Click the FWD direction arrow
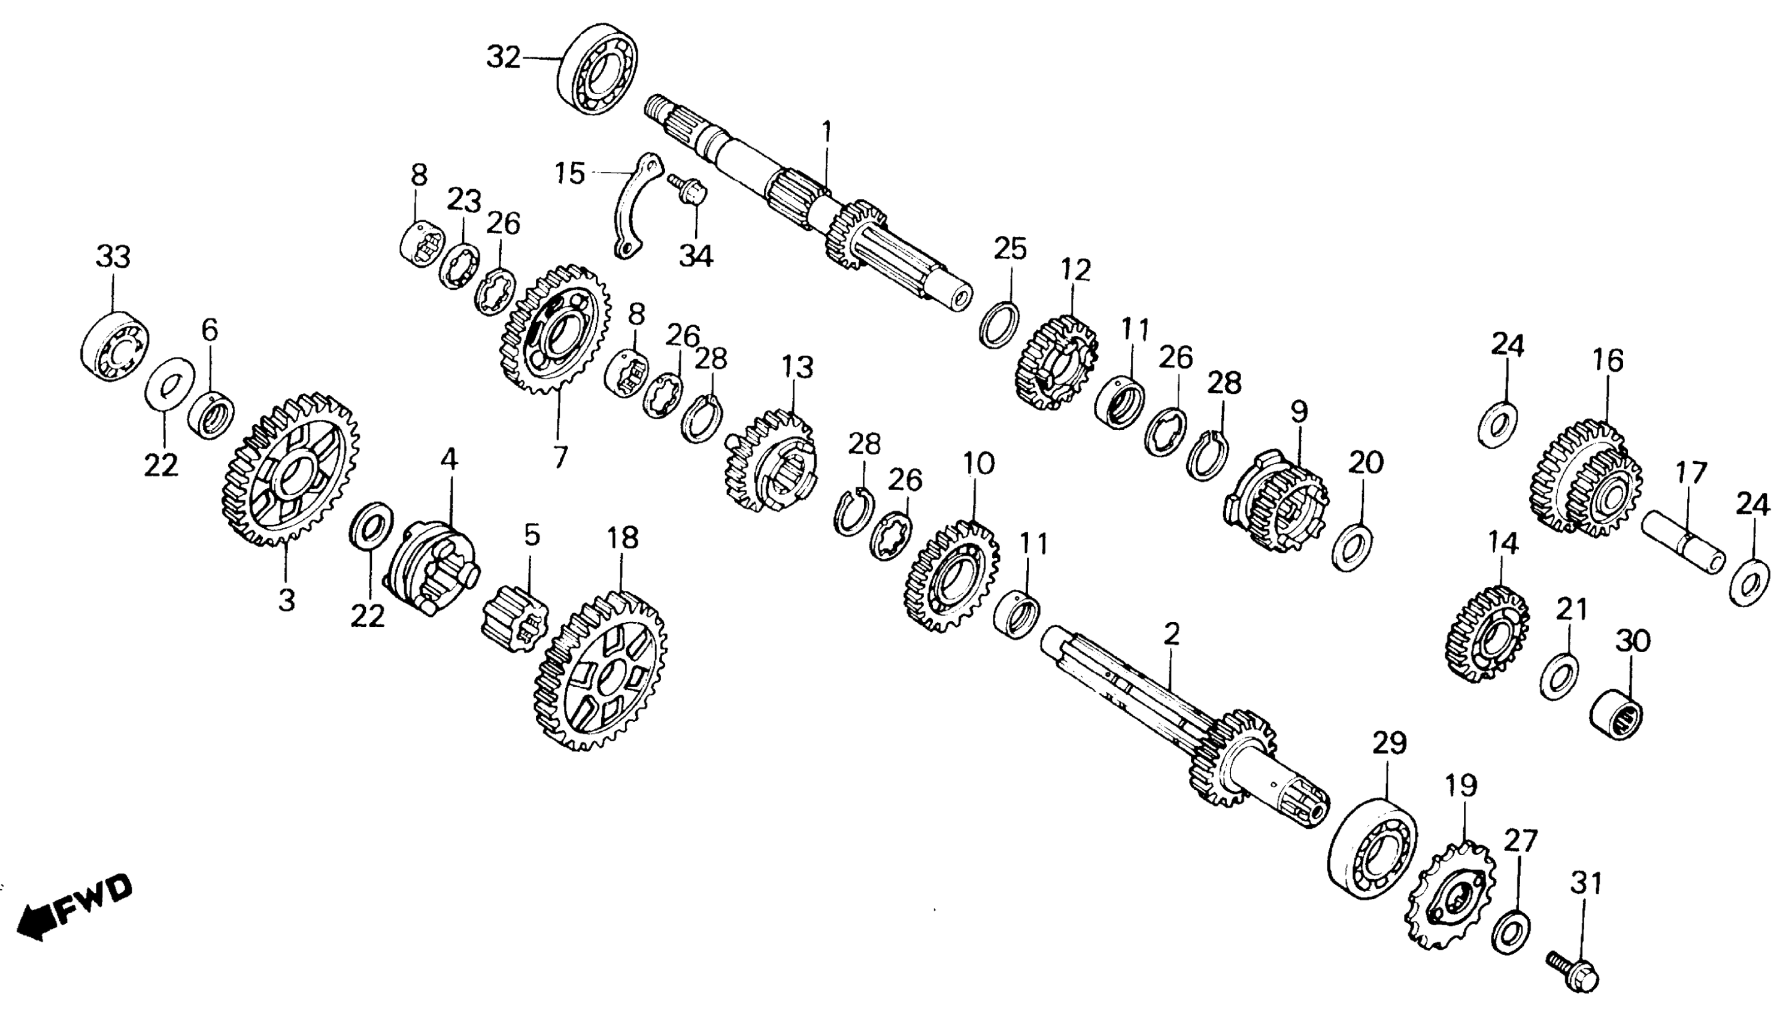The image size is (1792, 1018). [74, 909]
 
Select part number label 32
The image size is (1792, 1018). [503, 57]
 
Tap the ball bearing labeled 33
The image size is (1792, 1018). [114, 347]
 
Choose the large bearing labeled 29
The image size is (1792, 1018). [1371, 847]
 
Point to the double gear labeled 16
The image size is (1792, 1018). [1585, 480]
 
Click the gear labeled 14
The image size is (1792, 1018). [1486, 634]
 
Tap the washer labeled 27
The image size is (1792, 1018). [1511, 931]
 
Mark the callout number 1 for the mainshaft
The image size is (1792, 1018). [827, 131]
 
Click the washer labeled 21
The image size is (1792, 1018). [1558, 677]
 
